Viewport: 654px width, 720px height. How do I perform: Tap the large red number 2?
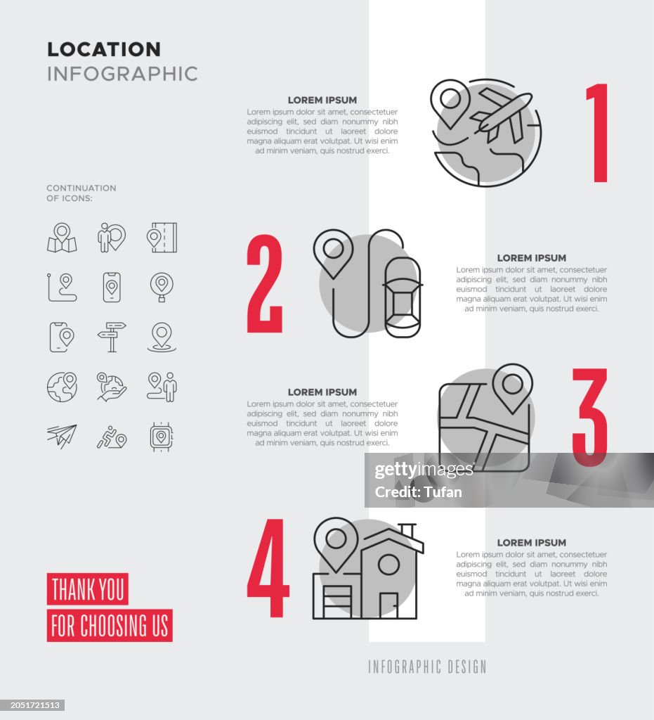point(265,284)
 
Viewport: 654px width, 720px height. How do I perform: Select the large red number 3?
point(590,417)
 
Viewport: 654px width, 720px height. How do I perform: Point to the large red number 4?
point(268,568)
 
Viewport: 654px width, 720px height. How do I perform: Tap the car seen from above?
point(403,297)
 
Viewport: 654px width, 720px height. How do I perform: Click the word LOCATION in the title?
point(104,49)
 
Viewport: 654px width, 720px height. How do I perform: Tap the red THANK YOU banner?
point(88,589)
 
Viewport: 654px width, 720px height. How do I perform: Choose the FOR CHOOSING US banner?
point(110,626)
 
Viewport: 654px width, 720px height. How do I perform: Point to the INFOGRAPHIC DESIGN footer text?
point(427,667)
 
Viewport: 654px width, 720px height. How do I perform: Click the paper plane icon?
point(62,436)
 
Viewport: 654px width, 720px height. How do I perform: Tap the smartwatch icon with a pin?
point(162,437)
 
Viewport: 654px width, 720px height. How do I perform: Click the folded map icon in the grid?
point(62,238)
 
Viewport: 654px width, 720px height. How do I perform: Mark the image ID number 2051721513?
point(32,705)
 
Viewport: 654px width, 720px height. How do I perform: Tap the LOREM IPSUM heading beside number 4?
point(531,543)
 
